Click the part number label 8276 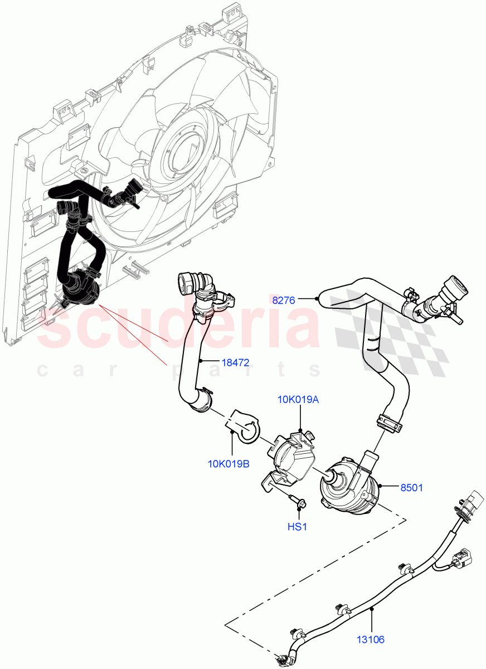click(x=285, y=300)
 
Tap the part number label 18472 click(x=235, y=362)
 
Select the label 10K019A click(x=298, y=400)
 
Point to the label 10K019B click(x=228, y=463)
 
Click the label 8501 click(x=412, y=488)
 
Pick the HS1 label click(x=297, y=526)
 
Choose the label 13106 click(x=371, y=639)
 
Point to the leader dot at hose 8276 click(x=318, y=300)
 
